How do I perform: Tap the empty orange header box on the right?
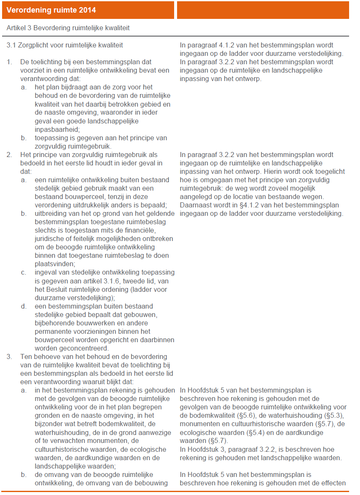[x=263, y=10]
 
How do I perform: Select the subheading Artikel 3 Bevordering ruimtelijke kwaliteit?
[x=68, y=28]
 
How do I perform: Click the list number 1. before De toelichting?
[x=9, y=62]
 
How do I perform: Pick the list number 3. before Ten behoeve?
[x=9, y=356]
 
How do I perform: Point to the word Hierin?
[x=274, y=171]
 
